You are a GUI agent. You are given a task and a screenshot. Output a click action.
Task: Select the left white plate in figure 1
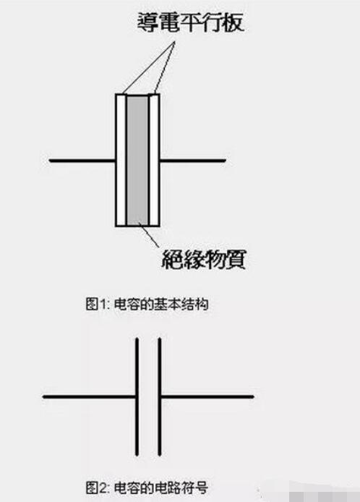[x=121, y=159]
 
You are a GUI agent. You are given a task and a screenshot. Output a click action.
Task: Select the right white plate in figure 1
[x=154, y=159]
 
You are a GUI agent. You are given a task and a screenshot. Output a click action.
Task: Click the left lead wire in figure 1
[x=82, y=159]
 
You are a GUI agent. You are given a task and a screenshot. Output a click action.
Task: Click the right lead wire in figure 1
[x=192, y=159]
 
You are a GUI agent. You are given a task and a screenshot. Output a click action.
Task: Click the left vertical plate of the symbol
[x=137, y=397]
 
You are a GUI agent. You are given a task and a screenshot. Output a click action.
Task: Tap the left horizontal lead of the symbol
[x=89, y=397]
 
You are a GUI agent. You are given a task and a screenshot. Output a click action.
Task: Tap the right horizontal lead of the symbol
[x=207, y=397]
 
